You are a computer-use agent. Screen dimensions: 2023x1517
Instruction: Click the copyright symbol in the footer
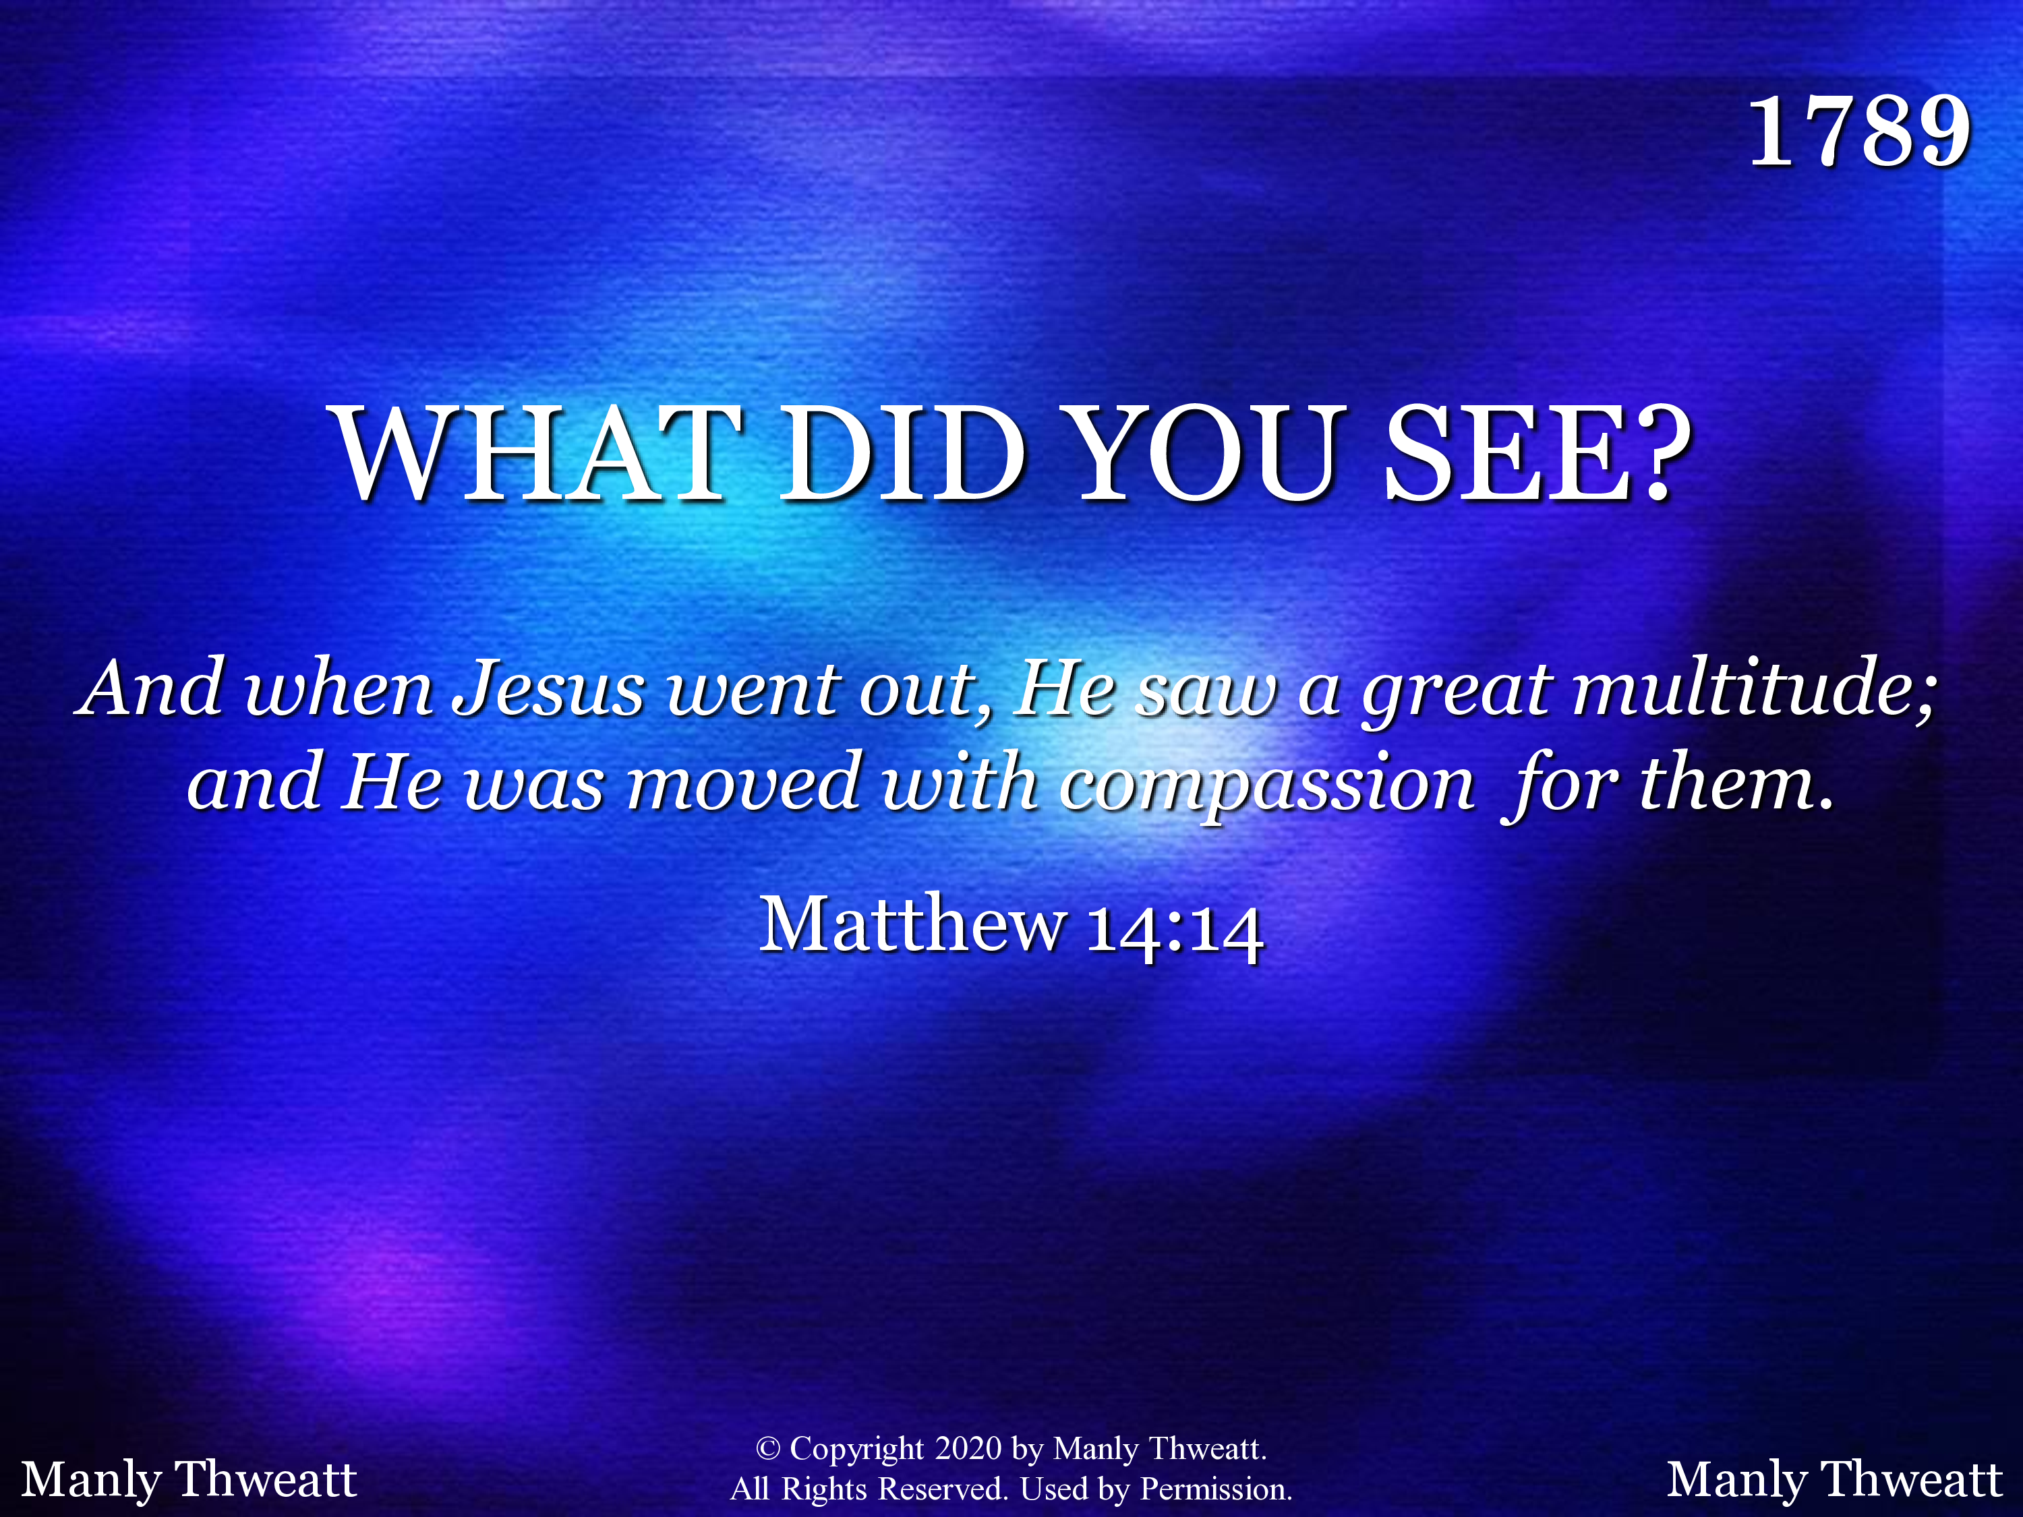click(x=768, y=1450)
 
